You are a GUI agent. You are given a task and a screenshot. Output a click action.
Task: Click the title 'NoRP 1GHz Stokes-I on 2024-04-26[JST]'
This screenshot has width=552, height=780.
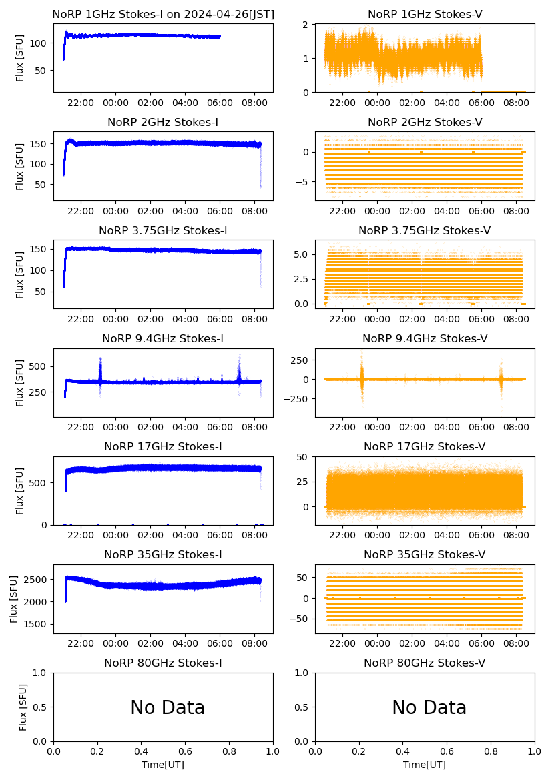tap(164, 14)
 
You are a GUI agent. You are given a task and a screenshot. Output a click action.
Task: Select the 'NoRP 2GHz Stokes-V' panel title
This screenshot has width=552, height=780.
tap(425, 122)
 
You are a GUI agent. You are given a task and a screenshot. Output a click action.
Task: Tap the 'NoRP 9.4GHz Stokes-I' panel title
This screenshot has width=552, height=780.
tap(163, 338)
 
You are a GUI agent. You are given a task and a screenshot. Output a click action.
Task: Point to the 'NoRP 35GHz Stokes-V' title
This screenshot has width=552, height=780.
tap(425, 554)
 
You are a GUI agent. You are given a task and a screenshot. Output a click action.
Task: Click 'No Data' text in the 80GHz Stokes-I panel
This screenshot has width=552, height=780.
tap(168, 707)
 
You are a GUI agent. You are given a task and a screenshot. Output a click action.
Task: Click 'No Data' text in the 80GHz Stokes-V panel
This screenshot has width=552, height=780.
tap(429, 707)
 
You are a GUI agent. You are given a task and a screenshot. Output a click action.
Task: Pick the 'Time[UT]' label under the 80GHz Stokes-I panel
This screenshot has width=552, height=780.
tap(163, 765)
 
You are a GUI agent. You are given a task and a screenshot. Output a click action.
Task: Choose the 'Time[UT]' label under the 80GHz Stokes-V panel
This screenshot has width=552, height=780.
tap(425, 765)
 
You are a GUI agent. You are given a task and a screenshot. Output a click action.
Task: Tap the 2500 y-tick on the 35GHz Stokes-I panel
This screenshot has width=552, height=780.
tap(38, 579)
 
